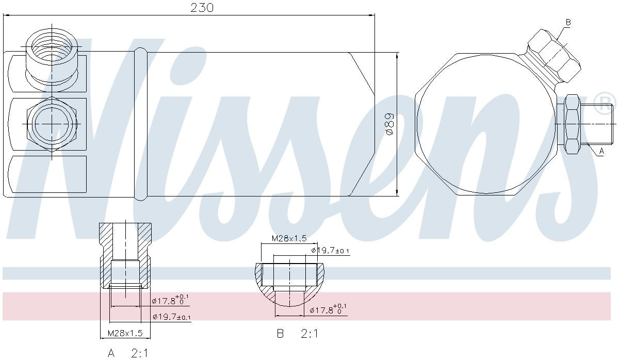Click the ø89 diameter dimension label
click(x=390, y=124)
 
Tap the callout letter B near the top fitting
click(x=568, y=22)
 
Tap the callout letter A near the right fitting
click(x=601, y=151)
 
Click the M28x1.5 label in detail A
click(x=125, y=334)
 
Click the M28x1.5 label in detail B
click(x=289, y=238)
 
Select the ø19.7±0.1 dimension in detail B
click(x=330, y=251)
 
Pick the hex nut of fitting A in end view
click(x=572, y=124)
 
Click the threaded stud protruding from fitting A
click(x=598, y=124)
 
